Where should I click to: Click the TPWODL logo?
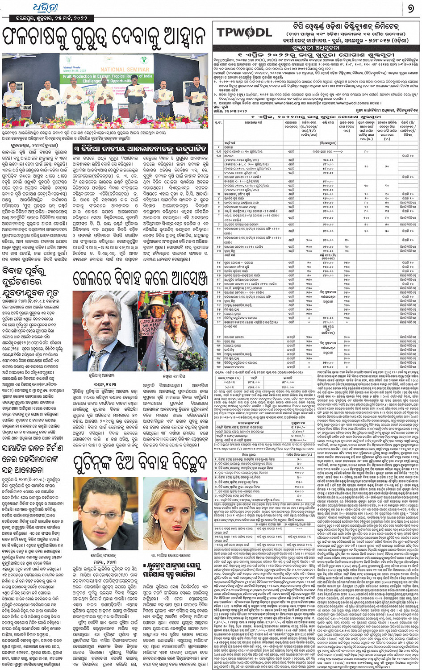(244, 32)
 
